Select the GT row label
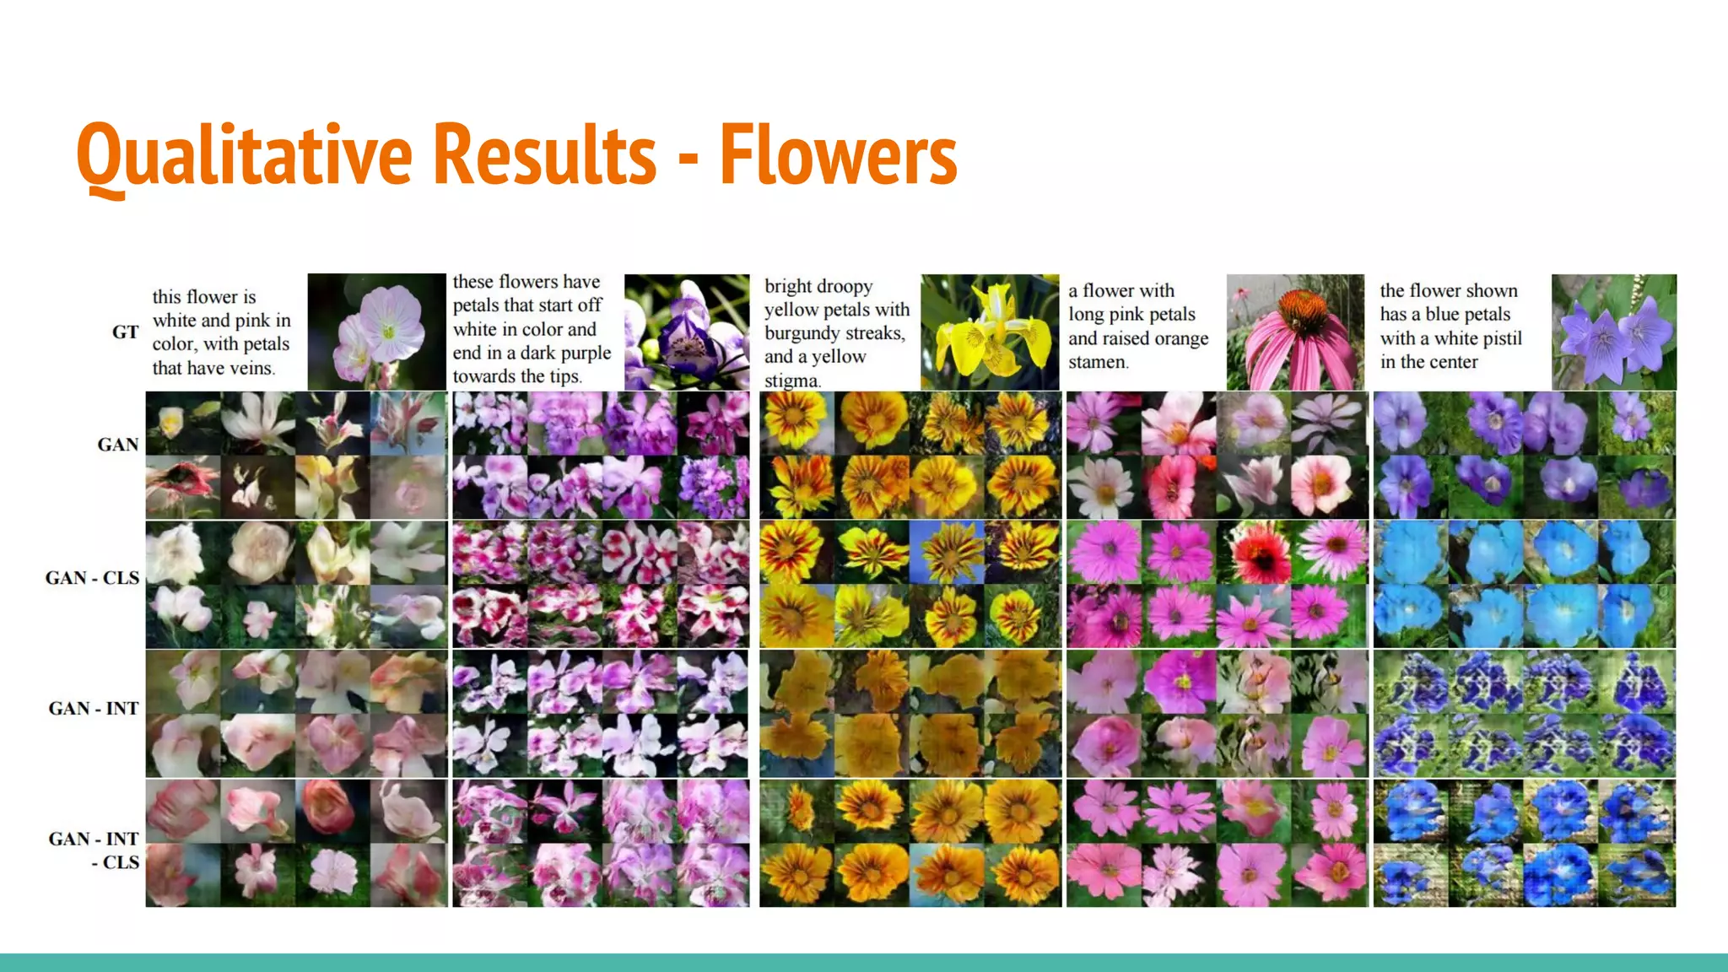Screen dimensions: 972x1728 pos(125,332)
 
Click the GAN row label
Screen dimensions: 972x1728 pos(118,445)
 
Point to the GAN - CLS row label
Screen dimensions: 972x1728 pos(92,578)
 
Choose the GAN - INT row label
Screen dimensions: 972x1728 pos(94,708)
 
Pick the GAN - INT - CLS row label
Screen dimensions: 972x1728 pos(94,850)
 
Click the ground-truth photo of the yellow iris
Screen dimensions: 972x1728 pos(990,332)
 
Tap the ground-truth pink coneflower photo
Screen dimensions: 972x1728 pos(1295,332)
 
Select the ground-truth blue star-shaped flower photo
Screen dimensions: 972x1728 pos(1613,332)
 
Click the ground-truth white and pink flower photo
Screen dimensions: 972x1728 pos(376,332)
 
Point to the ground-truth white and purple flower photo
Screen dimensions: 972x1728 pos(686,332)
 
